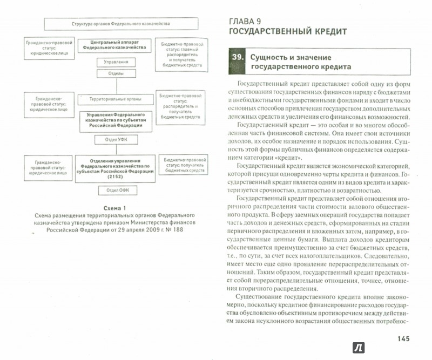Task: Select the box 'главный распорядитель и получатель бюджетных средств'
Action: click(179, 53)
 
